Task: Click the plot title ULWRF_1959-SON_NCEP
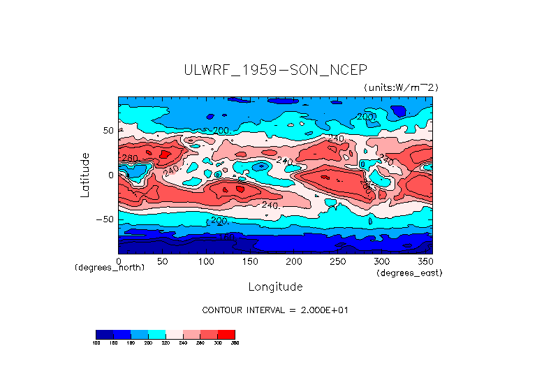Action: pos(274,70)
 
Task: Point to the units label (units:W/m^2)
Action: pos(401,87)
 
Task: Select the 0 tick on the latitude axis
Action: pos(110,175)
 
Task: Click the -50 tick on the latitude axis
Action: pos(105,219)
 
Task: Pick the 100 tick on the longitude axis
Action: pos(206,261)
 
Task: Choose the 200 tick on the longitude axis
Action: pos(294,261)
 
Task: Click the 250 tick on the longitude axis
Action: pos(338,261)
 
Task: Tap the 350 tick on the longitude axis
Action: pos(425,261)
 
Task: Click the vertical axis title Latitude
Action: pos(85,175)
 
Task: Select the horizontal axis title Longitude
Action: pos(275,287)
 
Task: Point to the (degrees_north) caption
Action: pos(110,268)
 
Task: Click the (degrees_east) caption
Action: pos(409,273)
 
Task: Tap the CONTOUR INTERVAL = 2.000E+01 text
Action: pos(274,310)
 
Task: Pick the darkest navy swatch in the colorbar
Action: pos(104,334)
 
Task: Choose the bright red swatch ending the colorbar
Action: pos(226,334)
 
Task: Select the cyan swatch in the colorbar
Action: pos(156,334)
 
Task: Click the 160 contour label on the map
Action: pos(226,238)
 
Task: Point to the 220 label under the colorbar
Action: pos(165,343)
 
